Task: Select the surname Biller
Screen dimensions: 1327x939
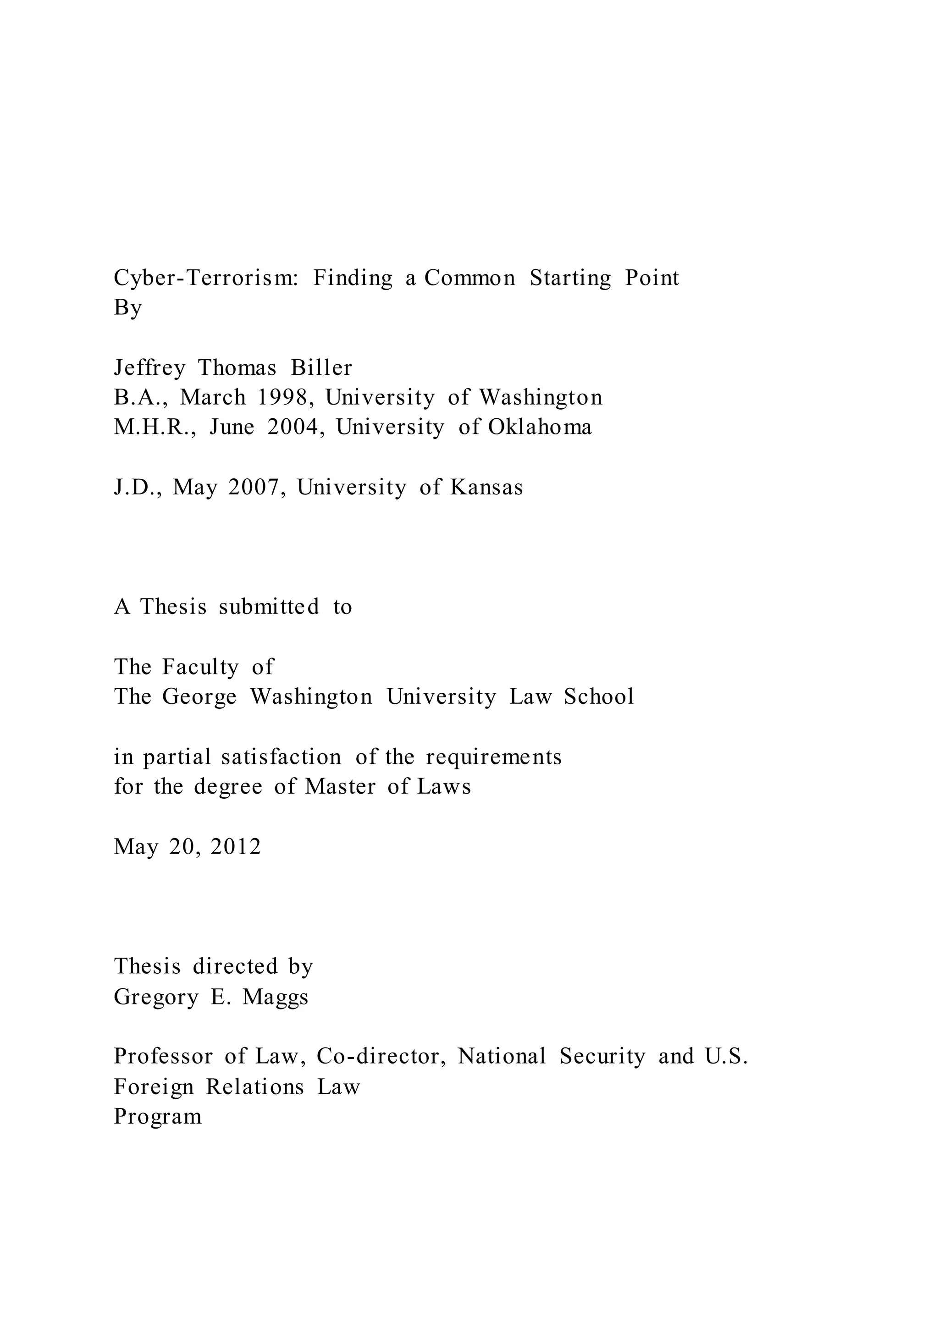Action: coord(321,368)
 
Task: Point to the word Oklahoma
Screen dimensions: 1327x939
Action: coord(540,427)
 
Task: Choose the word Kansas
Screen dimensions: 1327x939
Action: coord(486,487)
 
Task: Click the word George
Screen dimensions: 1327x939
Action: coord(199,697)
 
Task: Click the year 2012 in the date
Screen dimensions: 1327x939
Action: coord(236,847)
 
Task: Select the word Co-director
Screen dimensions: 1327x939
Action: coord(381,1056)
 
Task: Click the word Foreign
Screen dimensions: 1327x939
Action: coord(153,1086)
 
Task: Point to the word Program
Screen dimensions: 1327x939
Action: coord(158,1116)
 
